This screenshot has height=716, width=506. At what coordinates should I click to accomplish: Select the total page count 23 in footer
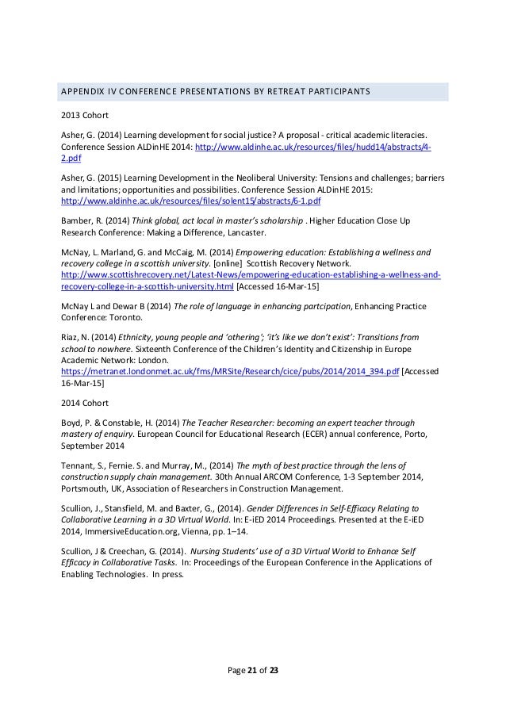pyautogui.click(x=274, y=672)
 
